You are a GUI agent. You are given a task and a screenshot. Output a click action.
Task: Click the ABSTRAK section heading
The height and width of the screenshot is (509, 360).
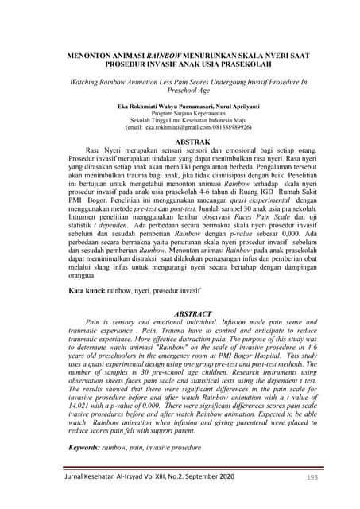[x=180, y=142]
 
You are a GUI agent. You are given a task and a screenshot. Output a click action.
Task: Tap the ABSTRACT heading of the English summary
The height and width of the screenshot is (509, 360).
[x=180, y=314]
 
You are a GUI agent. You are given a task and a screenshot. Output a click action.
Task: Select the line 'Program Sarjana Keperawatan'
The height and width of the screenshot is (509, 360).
[x=180, y=112]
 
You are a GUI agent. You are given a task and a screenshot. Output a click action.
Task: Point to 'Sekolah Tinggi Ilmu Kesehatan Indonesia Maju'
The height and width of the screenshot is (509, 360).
[x=180, y=119]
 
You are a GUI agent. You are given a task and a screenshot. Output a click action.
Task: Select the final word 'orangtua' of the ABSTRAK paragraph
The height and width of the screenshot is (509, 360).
[x=83, y=274]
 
